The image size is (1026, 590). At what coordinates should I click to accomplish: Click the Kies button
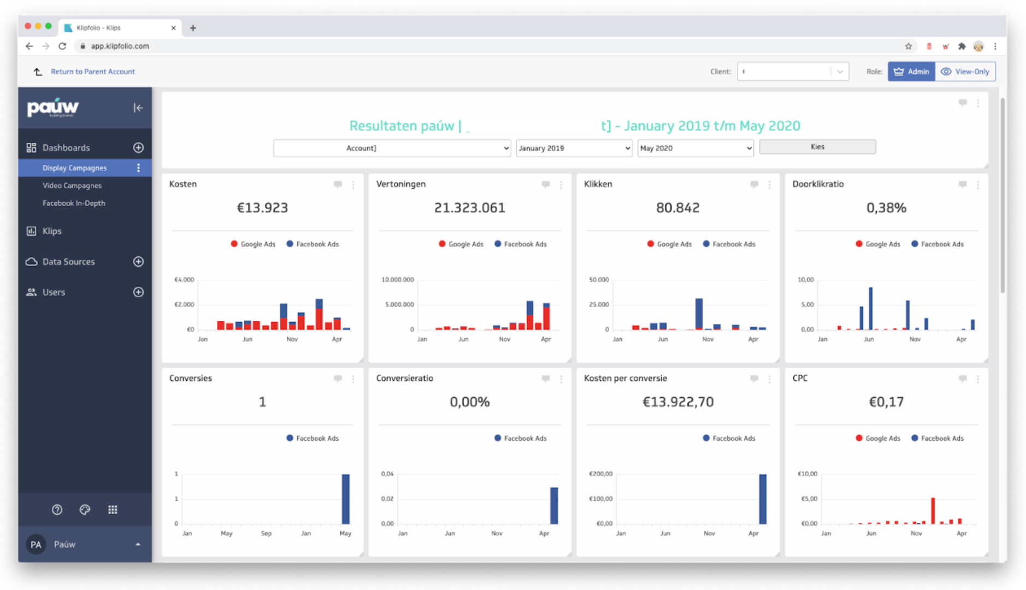pyautogui.click(x=817, y=147)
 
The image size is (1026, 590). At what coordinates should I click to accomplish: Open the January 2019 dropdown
pyautogui.click(x=573, y=148)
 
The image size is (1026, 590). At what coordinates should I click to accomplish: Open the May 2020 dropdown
pyautogui.click(x=695, y=148)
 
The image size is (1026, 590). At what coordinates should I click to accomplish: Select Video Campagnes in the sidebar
pyautogui.click(x=72, y=186)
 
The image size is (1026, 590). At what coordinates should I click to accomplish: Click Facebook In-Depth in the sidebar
pyautogui.click(x=74, y=203)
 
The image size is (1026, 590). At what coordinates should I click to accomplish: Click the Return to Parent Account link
pyautogui.click(x=92, y=72)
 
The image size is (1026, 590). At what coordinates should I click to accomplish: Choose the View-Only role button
pyautogui.click(x=965, y=72)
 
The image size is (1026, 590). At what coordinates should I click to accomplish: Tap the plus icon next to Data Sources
pyautogui.click(x=138, y=262)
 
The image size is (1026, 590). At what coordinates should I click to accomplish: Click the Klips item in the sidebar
pyautogui.click(x=52, y=231)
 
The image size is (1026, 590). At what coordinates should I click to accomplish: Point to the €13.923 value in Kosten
pyautogui.click(x=262, y=208)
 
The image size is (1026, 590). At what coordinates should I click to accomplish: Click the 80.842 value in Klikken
pyautogui.click(x=677, y=208)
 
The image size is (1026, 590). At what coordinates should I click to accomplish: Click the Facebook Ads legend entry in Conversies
pyautogui.click(x=312, y=438)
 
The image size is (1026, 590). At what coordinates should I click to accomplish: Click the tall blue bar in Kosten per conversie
pyautogui.click(x=762, y=498)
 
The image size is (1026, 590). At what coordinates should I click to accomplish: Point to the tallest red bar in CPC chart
pyautogui.click(x=933, y=510)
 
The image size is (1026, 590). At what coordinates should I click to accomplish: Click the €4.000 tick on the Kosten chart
pyautogui.click(x=184, y=280)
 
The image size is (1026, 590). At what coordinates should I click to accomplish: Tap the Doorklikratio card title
pyautogui.click(x=818, y=184)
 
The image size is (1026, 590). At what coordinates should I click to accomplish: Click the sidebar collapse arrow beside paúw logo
pyautogui.click(x=138, y=108)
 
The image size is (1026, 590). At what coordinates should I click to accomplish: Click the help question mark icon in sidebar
pyautogui.click(x=57, y=510)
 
